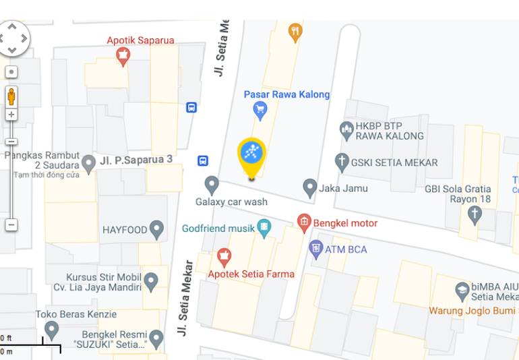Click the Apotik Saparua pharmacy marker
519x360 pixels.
point(123,57)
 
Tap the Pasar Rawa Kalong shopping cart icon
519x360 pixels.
point(260,109)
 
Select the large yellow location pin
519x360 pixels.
point(251,154)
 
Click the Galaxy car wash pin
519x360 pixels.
point(212,184)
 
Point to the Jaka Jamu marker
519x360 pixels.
point(310,187)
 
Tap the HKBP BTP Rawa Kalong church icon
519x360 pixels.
point(346,130)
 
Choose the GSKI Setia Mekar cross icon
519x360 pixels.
point(342,162)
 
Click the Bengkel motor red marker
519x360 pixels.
point(304,222)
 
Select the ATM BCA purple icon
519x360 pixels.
point(315,249)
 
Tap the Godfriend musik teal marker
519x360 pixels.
point(264,228)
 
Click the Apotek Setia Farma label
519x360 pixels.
point(251,274)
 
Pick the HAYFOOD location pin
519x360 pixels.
point(157,229)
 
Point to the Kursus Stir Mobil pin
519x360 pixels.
point(151,281)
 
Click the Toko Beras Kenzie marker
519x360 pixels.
point(51,330)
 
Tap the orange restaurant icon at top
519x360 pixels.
point(295,32)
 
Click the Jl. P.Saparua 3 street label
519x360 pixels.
point(136,160)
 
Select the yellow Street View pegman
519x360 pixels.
point(11,96)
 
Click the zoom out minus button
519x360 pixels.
point(11,224)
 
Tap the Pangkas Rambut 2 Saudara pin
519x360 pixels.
point(88,163)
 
